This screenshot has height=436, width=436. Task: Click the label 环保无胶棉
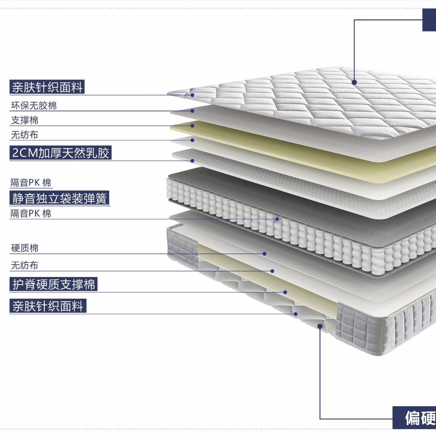coord(34,106)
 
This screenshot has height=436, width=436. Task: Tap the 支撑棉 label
coord(25,120)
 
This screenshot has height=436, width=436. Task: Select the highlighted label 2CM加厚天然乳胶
coord(60,153)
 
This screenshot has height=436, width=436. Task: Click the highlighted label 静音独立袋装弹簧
coord(60,198)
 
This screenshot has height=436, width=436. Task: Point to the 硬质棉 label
coord(25,248)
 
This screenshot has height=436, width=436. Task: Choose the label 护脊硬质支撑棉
coord(53,284)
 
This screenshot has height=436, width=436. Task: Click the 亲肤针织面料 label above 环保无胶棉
coord(47,87)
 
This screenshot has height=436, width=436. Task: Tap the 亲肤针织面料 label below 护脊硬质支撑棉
coord(48,306)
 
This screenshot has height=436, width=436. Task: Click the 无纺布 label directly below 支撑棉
coord(25,135)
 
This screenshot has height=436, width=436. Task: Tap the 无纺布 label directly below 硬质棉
coord(25,266)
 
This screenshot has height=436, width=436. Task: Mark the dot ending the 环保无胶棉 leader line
coord(192,111)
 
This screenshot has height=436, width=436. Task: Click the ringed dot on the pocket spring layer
coord(277,219)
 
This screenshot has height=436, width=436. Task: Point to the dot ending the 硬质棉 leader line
coord(264,254)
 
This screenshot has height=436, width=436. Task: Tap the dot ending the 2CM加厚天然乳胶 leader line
coord(192,161)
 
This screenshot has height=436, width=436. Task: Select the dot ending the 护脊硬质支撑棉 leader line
coord(285,292)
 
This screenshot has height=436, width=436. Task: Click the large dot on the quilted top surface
coord(354,82)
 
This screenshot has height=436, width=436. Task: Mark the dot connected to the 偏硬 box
coord(320,326)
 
